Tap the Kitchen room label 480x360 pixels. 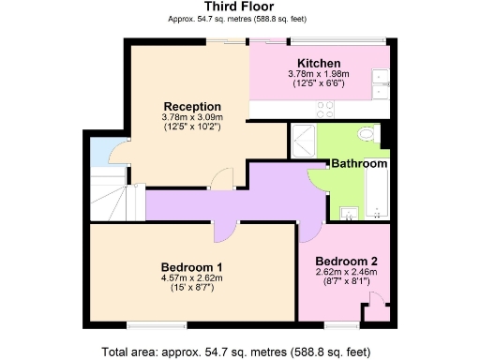tap(319, 63)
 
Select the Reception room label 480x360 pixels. tap(191, 106)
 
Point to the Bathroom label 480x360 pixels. tap(359, 163)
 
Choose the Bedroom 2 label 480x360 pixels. tap(345, 261)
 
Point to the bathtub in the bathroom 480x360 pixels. tap(374, 192)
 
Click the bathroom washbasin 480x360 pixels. tap(348, 212)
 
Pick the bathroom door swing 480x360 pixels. tap(319, 180)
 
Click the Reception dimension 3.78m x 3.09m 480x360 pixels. tap(191, 117)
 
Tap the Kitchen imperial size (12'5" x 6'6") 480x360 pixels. tap(319, 83)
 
